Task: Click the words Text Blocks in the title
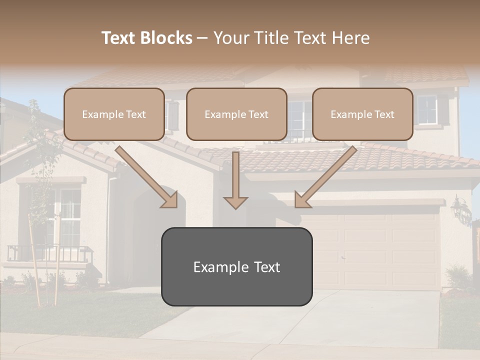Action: tap(146, 38)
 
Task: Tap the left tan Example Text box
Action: tap(114, 114)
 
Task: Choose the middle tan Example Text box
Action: tap(236, 114)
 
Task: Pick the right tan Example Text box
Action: tap(362, 114)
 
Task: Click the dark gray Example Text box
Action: tap(236, 266)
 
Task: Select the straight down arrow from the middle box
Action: tap(235, 180)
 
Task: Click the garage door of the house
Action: tap(380, 250)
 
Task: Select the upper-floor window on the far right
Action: tap(427, 110)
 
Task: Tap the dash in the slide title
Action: tap(202, 38)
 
